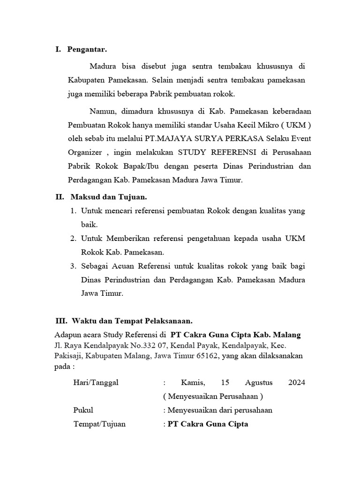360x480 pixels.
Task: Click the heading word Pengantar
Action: pos(87,49)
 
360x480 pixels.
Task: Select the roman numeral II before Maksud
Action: pos(60,197)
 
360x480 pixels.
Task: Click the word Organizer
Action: pos(86,153)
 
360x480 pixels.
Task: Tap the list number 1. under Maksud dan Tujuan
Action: pos(73,211)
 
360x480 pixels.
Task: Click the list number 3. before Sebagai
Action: pos(73,266)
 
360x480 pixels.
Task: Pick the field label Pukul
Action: pos(83,410)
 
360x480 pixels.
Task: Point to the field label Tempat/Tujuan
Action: pos(99,424)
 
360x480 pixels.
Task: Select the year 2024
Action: pos(296,382)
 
